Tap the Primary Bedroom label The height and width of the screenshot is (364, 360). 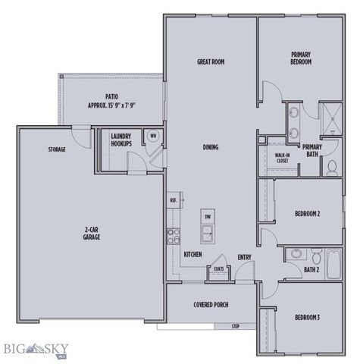[x=302, y=58]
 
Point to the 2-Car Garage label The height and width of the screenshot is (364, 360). [x=92, y=234]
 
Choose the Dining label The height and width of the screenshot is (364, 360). [x=211, y=147]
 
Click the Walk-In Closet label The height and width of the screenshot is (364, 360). [x=281, y=158]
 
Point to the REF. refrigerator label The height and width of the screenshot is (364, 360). [x=174, y=200]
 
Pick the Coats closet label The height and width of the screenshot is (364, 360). [x=218, y=268]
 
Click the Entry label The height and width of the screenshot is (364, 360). [x=244, y=257]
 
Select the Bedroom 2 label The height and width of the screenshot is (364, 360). [x=306, y=214]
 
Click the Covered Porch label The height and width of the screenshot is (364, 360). [x=211, y=305]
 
